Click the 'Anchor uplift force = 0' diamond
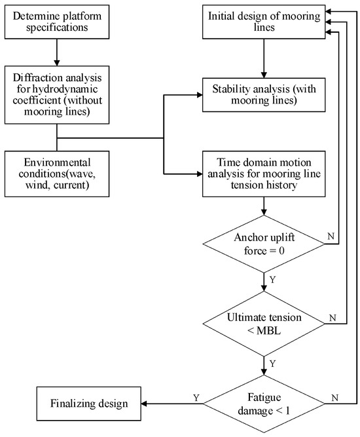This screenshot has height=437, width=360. [x=264, y=244]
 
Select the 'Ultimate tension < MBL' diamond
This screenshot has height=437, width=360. [x=264, y=322]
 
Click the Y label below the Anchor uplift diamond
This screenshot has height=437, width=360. [x=272, y=279]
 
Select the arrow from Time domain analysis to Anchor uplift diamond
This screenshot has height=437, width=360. [x=263, y=206]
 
